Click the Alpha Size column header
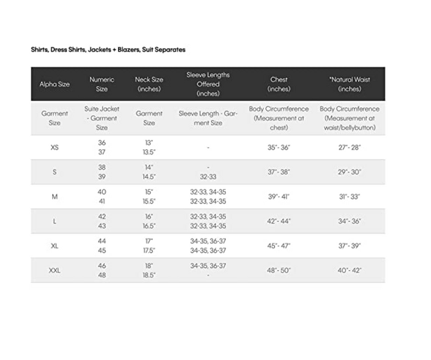(x=54, y=84)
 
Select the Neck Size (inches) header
(x=149, y=84)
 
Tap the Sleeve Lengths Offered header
(x=208, y=84)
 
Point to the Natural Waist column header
(x=350, y=84)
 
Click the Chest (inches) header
(x=279, y=84)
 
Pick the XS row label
(x=54, y=147)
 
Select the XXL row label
(x=54, y=270)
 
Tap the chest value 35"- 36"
(x=279, y=147)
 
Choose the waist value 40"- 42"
(x=350, y=270)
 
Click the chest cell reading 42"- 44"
(x=279, y=221)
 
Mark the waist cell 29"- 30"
(x=350, y=172)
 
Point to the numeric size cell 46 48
(x=102, y=270)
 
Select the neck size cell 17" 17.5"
(x=149, y=246)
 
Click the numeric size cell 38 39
(x=102, y=172)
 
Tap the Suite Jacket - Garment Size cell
(x=102, y=118)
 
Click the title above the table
(x=108, y=50)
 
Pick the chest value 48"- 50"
(x=279, y=270)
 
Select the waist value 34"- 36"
(x=350, y=221)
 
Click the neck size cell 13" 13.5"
(x=149, y=147)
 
